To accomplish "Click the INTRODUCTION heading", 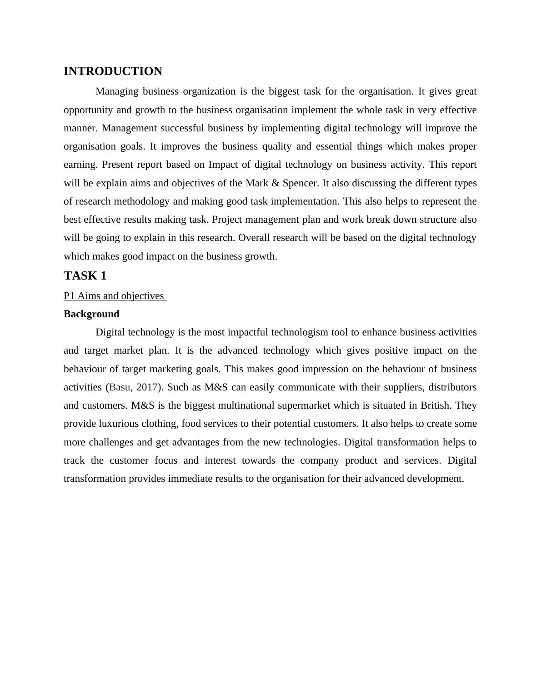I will point(113,71).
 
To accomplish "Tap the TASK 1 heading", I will point(85,276).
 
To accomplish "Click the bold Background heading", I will point(91,314).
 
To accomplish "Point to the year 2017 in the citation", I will point(146,387).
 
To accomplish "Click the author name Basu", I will point(120,387).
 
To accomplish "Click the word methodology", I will point(140,201).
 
